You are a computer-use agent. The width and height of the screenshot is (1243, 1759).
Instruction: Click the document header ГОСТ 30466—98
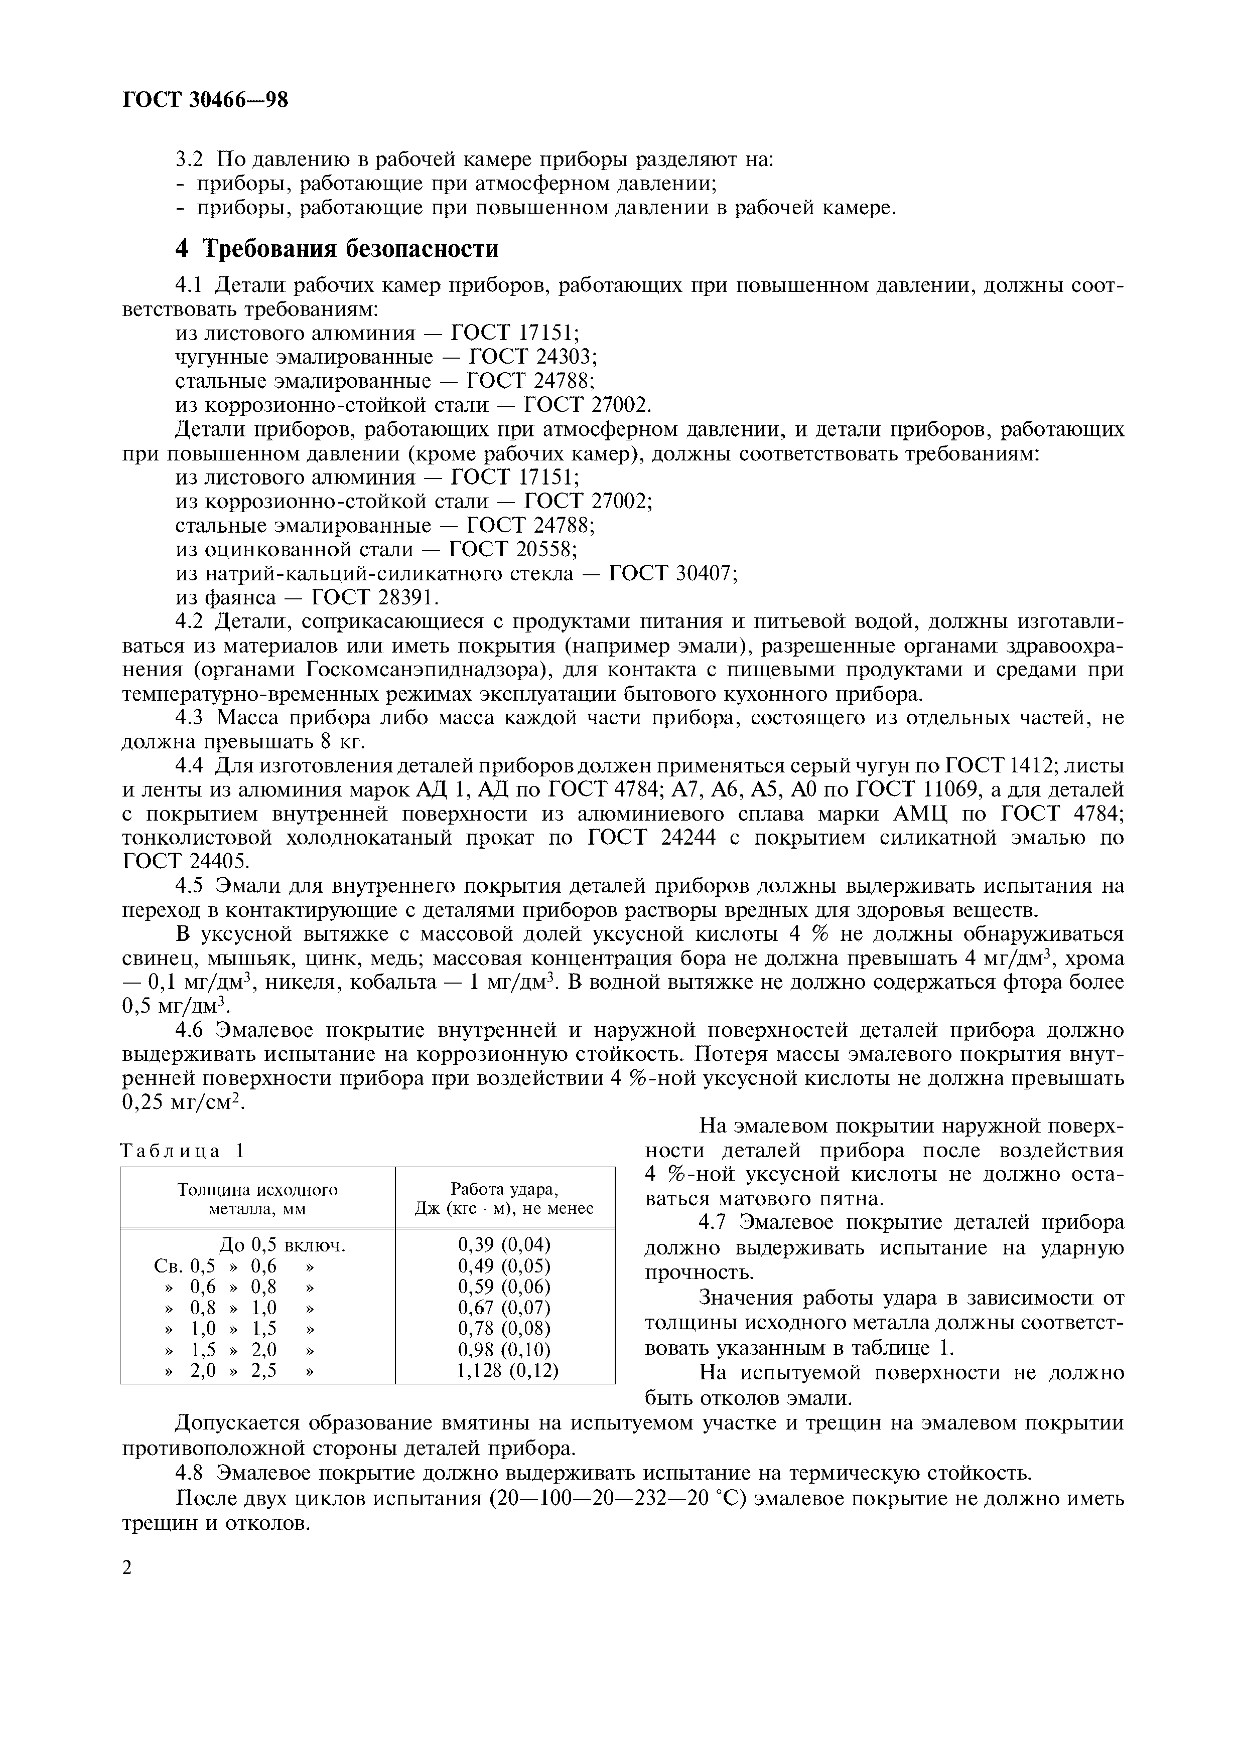[205, 100]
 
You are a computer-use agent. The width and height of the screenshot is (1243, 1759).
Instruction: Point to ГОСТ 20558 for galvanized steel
[512, 549]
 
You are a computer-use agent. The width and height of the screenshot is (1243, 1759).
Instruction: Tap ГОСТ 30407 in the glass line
[672, 573]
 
